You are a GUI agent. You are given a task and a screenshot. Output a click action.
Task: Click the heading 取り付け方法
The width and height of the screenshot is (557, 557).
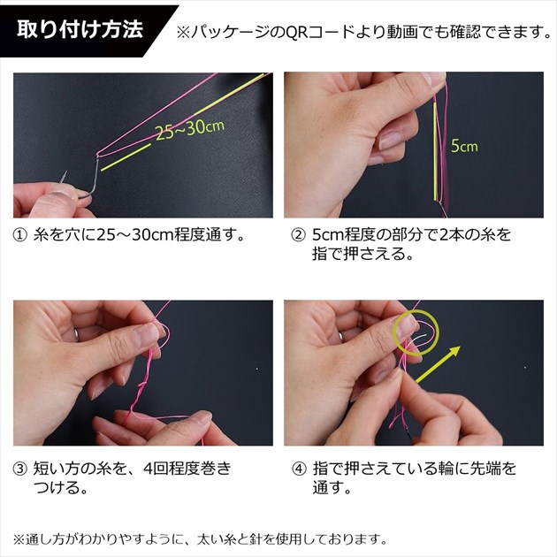point(80,29)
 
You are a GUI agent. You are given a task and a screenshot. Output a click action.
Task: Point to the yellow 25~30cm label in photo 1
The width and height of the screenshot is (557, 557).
point(190,129)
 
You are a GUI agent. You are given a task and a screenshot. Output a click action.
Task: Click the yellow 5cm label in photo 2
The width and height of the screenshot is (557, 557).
point(464,146)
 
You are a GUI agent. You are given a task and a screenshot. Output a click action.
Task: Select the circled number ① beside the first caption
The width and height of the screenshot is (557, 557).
point(19,235)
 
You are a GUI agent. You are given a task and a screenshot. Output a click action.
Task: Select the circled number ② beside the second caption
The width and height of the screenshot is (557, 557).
point(299,235)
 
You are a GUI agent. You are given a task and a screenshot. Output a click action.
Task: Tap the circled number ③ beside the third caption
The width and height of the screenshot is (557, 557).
point(19,469)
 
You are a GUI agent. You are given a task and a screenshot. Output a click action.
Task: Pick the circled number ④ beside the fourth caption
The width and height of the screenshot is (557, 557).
point(299,469)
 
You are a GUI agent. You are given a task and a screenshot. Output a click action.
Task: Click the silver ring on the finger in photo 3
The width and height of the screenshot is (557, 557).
point(76,334)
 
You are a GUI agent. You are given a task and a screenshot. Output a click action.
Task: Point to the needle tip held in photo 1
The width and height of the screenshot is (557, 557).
point(65,172)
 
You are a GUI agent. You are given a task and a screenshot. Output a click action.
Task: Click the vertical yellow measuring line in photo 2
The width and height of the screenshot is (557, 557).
point(435,153)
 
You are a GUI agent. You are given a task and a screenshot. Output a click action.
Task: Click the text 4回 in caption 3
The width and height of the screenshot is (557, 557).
point(156,469)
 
